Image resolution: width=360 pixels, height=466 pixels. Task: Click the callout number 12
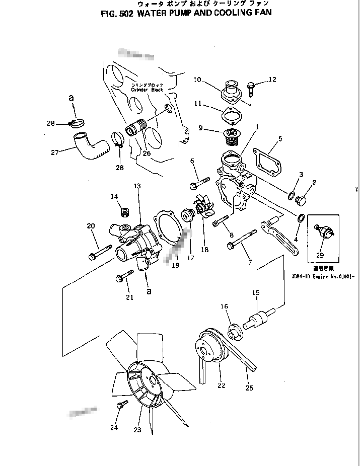pyautogui.click(x=272, y=80)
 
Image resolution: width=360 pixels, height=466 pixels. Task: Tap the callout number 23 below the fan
pyautogui.click(x=137, y=430)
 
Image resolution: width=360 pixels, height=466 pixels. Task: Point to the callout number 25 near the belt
pyautogui.click(x=249, y=387)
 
